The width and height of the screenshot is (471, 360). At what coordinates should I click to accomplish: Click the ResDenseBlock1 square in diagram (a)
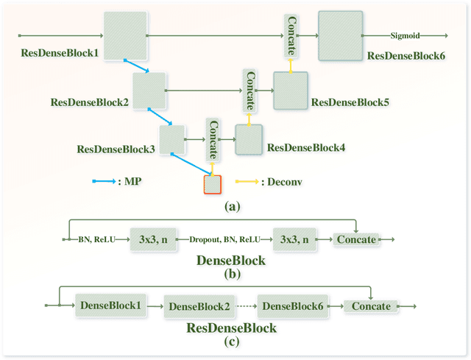coord(124,35)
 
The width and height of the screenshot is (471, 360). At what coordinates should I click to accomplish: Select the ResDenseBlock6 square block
coord(341,35)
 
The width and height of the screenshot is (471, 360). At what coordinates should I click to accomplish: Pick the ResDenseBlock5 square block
coord(290,91)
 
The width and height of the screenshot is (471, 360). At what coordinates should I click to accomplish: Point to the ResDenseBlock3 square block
coord(171,138)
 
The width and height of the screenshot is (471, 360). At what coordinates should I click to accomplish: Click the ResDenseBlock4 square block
coord(248,138)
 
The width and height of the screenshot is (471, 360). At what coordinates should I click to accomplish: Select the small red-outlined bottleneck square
coord(212,183)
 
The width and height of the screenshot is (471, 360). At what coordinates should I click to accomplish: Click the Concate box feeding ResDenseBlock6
coord(291,35)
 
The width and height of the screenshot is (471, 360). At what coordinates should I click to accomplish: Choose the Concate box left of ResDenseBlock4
coord(213,138)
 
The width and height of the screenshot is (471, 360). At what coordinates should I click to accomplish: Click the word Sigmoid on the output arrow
coord(404,35)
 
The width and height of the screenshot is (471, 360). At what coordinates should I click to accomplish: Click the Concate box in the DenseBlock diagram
coord(356,239)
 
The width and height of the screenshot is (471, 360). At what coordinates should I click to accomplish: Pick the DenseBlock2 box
coord(196,306)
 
